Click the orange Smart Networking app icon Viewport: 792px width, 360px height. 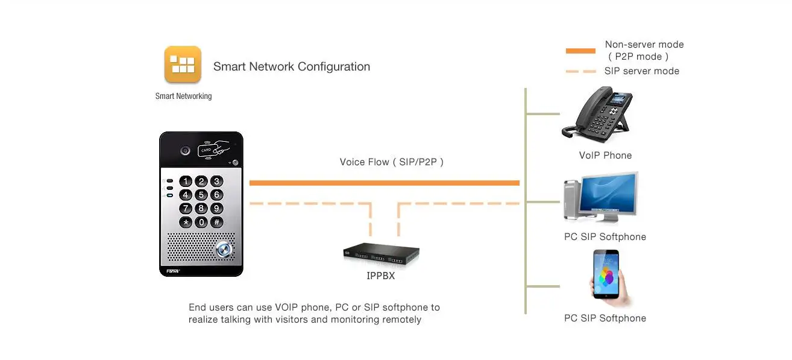click(183, 65)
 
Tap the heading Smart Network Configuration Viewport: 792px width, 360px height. click(292, 66)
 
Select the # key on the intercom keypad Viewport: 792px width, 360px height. click(217, 222)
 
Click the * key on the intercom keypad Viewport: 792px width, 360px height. click(186, 222)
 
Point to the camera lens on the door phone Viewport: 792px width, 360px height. click(186, 150)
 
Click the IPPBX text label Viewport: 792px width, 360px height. click(381, 276)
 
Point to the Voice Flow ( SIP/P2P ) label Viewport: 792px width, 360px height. click(392, 162)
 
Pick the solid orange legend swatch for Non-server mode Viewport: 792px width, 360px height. click(580, 51)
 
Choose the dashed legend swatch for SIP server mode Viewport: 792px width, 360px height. click(580, 71)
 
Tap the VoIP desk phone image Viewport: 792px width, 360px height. click(597, 115)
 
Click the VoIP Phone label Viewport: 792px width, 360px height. click(605, 155)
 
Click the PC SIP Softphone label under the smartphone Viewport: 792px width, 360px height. click(605, 318)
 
